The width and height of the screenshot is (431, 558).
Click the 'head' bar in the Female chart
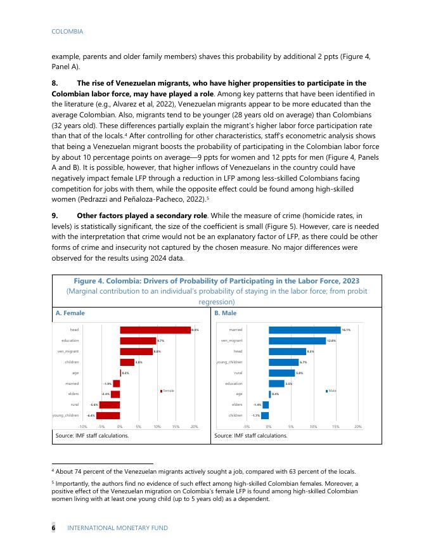pyautogui.click(x=155, y=330)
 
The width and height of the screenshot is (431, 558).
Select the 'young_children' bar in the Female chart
pyautogui.click(x=108, y=415)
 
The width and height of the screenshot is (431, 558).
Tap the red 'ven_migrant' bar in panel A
pyautogui.click(x=136, y=351)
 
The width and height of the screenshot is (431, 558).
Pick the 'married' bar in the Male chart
pyautogui.click(x=304, y=330)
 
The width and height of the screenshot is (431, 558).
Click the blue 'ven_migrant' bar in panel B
pyautogui.click(x=297, y=341)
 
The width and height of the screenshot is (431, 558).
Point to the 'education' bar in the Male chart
pyautogui.click(x=276, y=384)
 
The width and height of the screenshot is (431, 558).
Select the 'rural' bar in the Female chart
pyautogui.click(x=109, y=405)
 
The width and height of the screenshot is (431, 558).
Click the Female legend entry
pyautogui.click(x=167, y=391)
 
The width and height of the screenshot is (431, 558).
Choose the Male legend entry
pyautogui.click(x=330, y=391)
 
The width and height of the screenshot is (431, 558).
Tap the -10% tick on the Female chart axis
pyautogui.click(x=82, y=427)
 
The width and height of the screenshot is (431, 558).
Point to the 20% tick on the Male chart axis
pyautogui.click(x=358, y=427)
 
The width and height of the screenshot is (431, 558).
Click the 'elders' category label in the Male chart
pyautogui.click(x=237, y=405)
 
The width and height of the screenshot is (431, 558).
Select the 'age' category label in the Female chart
pyautogui.click(x=75, y=372)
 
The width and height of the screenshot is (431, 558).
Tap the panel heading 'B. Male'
pyautogui.click(x=226, y=313)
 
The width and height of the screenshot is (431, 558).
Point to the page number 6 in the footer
pyautogui.click(x=53, y=528)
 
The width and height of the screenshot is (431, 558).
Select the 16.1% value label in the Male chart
pyautogui.click(x=346, y=330)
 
